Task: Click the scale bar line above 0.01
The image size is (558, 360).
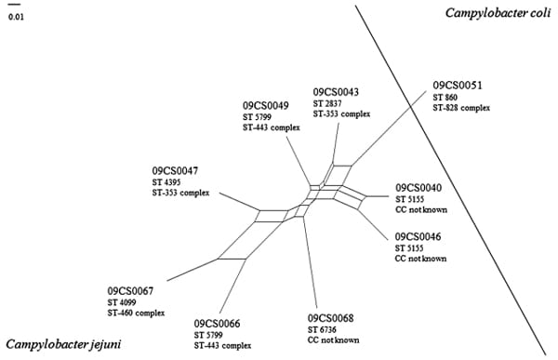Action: point(15,7)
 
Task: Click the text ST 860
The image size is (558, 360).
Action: point(447,98)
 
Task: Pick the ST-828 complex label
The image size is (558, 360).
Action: point(461,109)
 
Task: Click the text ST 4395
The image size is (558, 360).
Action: point(167,183)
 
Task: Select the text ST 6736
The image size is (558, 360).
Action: point(323,330)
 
